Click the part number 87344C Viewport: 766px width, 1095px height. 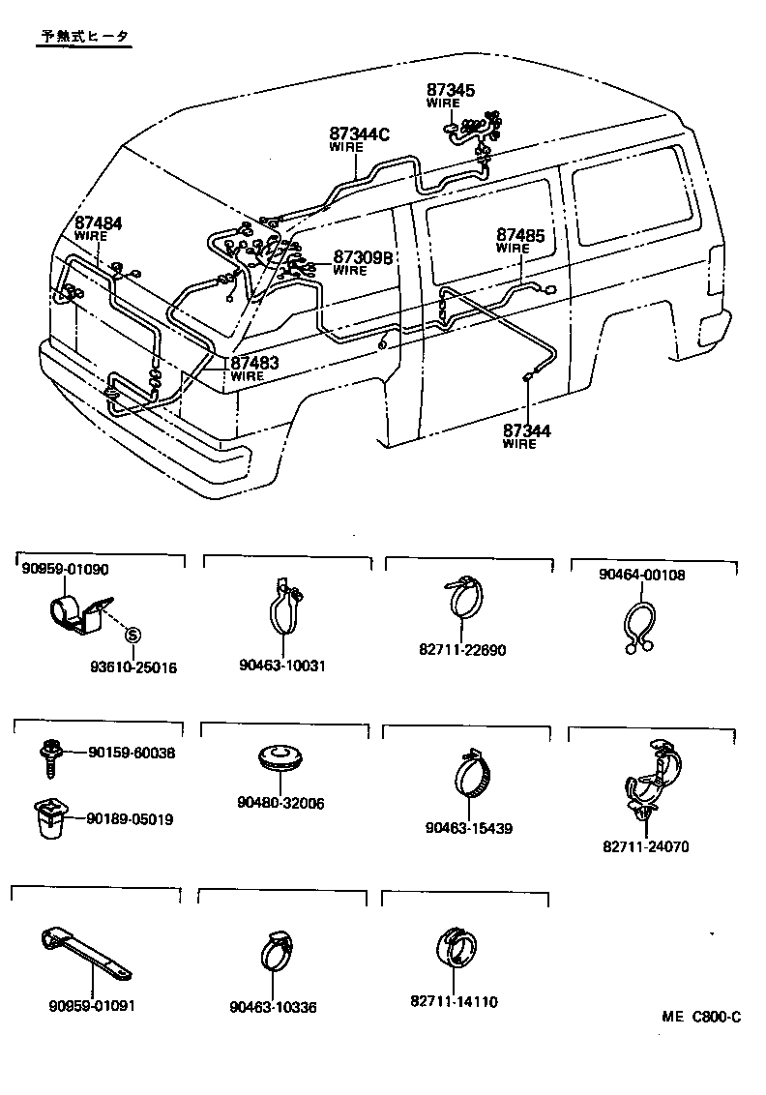358,134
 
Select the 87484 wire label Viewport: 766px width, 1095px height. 98,223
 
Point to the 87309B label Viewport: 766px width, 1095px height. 363,257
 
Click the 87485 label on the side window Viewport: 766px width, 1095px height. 520,235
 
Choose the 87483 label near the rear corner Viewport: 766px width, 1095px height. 254,363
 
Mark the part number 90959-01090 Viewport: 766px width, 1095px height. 65,570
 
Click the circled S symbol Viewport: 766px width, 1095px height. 133,635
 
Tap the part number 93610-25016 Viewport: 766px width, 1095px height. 133,667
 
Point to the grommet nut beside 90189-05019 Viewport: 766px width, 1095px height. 47,818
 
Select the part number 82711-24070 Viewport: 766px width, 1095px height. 646,846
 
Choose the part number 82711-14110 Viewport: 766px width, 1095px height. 455,1002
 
